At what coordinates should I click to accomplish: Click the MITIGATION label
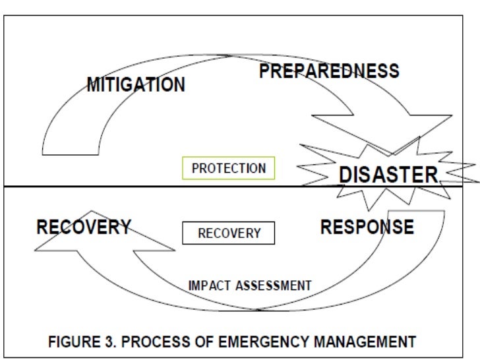click(x=136, y=85)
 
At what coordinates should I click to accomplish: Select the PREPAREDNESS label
click(x=328, y=71)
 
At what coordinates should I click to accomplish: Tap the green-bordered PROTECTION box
click(x=228, y=168)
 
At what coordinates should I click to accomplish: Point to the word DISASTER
click(x=388, y=175)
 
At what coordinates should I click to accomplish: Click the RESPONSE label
click(x=367, y=227)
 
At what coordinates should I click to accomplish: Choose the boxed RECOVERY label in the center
click(x=228, y=233)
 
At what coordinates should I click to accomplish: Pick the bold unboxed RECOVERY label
click(x=84, y=227)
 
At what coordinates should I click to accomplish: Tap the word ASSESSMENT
click(x=273, y=285)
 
